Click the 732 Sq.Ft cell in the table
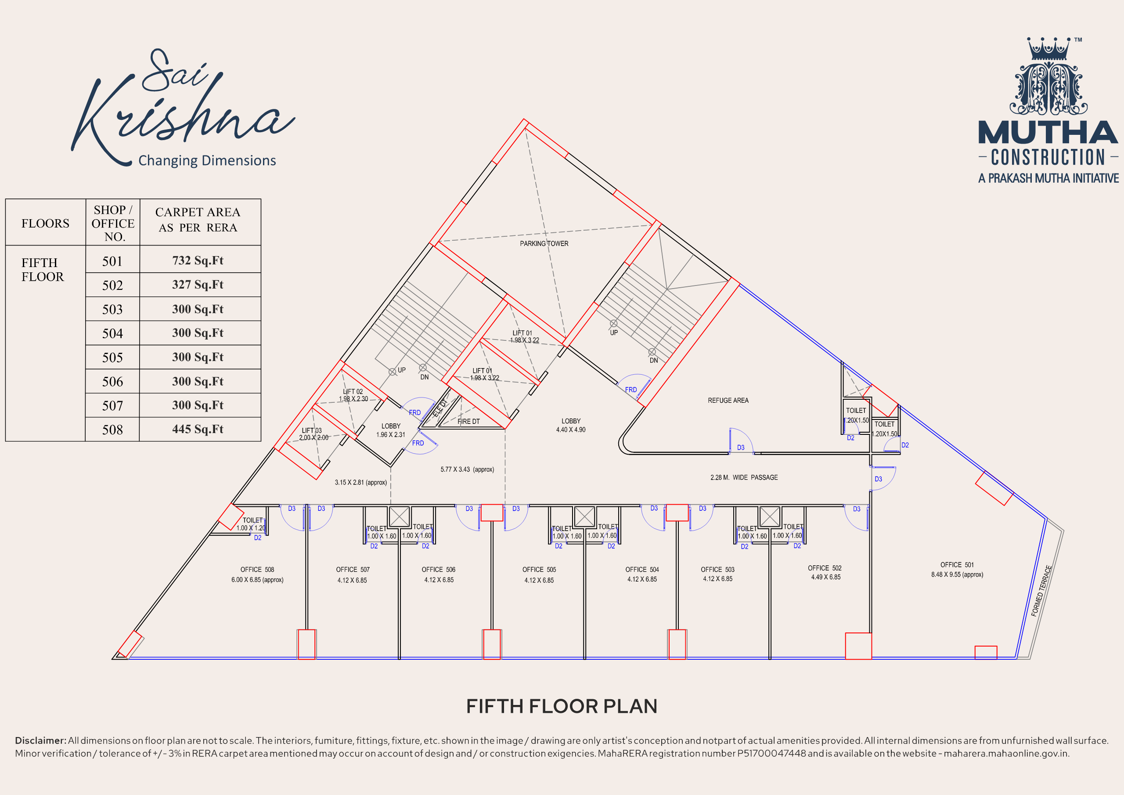tap(198, 260)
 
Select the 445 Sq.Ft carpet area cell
tap(198, 429)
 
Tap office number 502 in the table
tap(112, 285)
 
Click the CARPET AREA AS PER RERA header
tap(198, 220)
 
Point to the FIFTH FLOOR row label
tap(43, 269)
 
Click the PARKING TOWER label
tap(544, 243)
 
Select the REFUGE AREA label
tap(728, 400)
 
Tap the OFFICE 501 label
tap(957, 565)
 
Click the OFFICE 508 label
tap(257, 570)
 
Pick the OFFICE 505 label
tap(539, 570)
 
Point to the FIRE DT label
tap(468, 421)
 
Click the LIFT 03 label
tap(312, 430)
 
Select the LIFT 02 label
tap(353, 391)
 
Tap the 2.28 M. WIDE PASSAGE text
tap(744, 477)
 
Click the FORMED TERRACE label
tap(1041, 591)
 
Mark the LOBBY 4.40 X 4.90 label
tap(571, 425)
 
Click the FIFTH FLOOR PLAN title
tap(562, 706)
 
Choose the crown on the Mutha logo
tap(1048, 48)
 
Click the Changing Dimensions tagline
tap(207, 161)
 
